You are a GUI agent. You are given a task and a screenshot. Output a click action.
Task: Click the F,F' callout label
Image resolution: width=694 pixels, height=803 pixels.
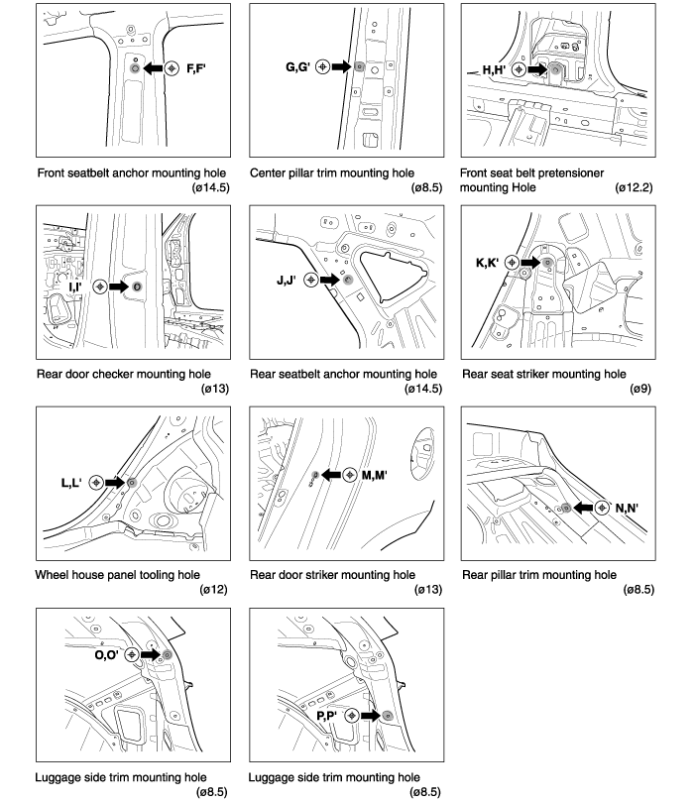196,69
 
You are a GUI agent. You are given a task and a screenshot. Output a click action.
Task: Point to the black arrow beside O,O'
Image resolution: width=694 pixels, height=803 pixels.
149,654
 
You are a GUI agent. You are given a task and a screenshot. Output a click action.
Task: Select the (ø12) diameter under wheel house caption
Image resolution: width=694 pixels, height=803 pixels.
214,590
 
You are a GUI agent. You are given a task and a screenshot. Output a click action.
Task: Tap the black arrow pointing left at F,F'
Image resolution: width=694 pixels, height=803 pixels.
152,69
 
